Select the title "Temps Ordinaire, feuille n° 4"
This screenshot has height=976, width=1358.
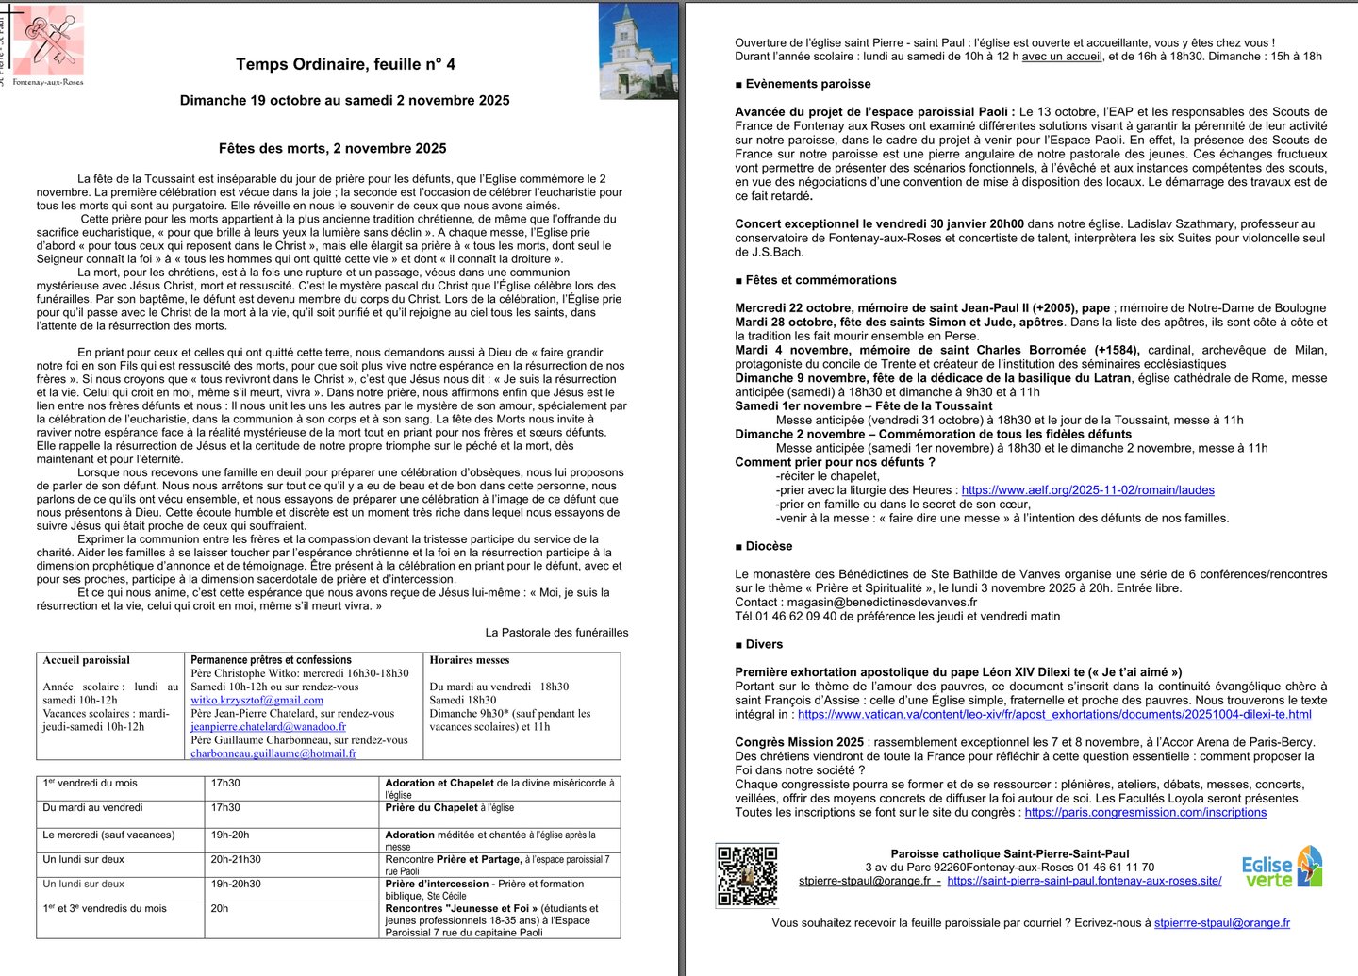click(345, 64)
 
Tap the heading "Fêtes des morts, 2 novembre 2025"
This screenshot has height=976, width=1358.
click(332, 148)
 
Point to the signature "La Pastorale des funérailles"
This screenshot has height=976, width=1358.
click(556, 633)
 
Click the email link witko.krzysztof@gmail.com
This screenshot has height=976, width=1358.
click(257, 701)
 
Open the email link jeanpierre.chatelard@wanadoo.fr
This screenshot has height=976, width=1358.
click(268, 727)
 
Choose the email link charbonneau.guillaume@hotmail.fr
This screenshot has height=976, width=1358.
click(273, 753)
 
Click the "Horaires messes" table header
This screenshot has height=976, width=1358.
click(469, 660)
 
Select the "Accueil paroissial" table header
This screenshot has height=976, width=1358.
click(87, 660)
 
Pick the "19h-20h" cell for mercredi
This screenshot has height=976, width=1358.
click(230, 835)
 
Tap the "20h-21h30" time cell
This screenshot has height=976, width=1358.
click(236, 860)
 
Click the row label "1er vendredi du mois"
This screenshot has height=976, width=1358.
click(90, 784)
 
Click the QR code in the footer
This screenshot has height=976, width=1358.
click(747, 875)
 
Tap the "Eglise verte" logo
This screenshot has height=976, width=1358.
click(1281, 868)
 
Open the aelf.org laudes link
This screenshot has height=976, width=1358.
click(1087, 490)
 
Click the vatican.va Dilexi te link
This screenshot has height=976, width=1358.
click(1054, 715)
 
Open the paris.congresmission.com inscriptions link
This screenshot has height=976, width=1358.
click(1145, 813)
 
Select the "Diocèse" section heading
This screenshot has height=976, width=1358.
click(769, 546)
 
